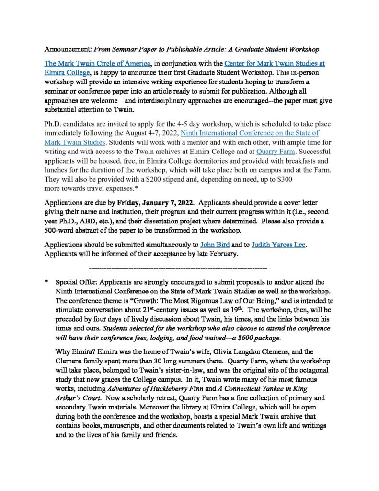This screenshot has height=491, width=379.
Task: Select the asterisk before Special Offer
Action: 46,283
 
